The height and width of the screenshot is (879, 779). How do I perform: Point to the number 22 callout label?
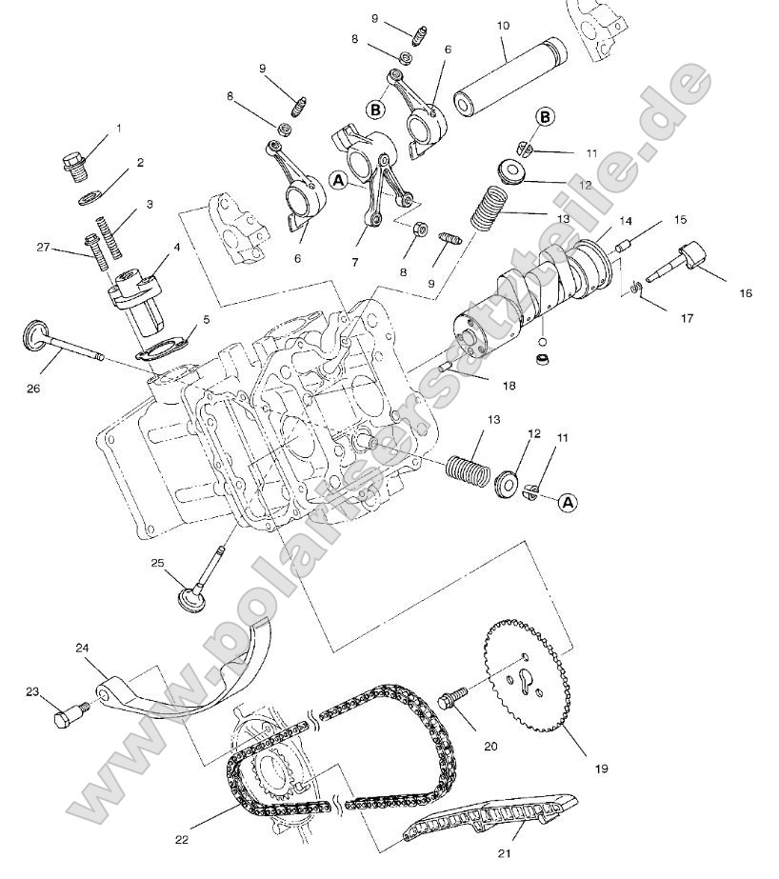tap(183, 839)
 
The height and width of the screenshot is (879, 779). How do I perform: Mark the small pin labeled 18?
tap(448, 369)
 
